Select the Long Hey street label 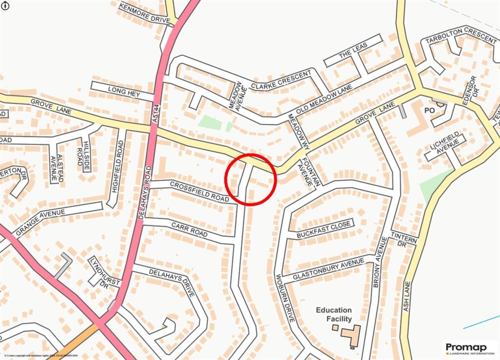click(125, 91)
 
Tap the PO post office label click(429, 111)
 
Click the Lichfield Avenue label click(445, 145)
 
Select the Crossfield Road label click(199, 191)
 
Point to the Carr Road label click(189, 230)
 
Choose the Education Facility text click(333, 315)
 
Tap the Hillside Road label click(82, 152)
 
